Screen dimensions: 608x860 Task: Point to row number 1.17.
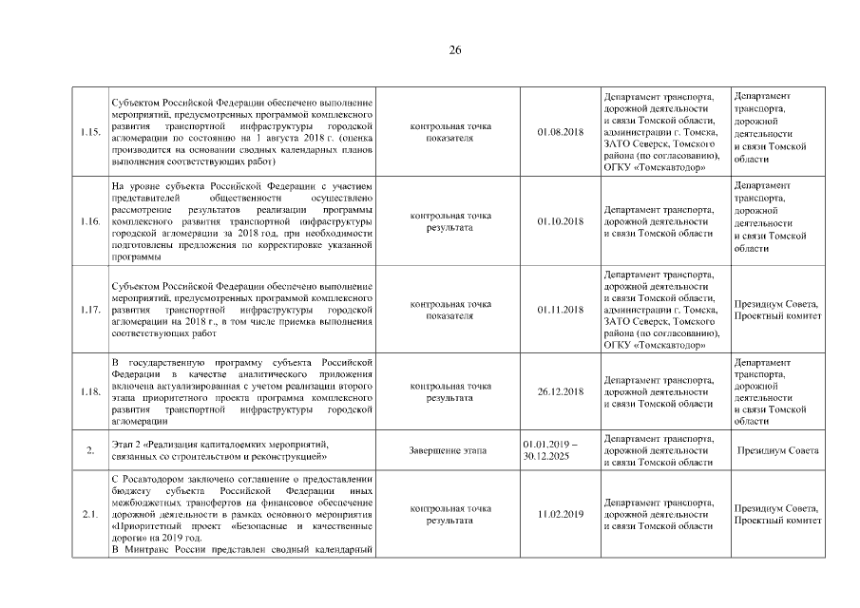click(91, 311)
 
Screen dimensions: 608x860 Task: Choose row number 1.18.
click(91, 392)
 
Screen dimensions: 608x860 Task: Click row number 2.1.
click(91, 514)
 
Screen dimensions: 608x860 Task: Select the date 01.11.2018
click(560, 311)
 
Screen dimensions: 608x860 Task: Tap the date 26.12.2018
click(560, 392)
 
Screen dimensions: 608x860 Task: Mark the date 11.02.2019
click(560, 514)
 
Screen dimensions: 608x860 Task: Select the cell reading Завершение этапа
click(449, 449)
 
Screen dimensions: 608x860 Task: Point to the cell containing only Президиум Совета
click(777, 449)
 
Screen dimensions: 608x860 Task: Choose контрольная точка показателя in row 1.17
click(449, 311)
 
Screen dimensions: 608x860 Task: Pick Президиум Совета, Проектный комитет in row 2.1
click(776, 514)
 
